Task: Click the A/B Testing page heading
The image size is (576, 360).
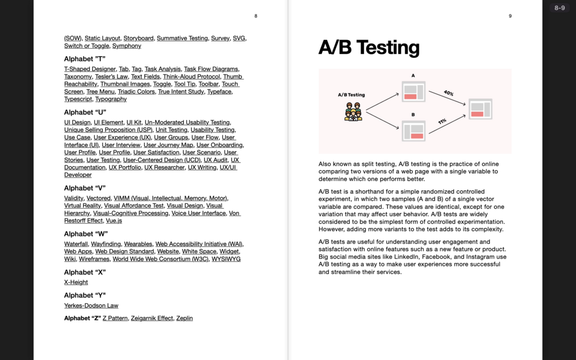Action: (x=369, y=48)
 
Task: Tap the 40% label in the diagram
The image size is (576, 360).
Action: (x=449, y=93)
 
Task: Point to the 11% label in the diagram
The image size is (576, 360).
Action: (x=442, y=122)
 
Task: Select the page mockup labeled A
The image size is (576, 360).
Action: (x=413, y=92)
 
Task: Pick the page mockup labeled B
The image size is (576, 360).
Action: (x=413, y=131)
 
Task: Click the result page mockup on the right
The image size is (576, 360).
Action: (x=480, y=109)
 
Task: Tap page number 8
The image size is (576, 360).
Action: (x=256, y=16)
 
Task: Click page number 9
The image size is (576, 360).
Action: (x=510, y=16)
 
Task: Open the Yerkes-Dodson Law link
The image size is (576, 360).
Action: (x=91, y=306)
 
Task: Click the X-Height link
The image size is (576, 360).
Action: (x=76, y=282)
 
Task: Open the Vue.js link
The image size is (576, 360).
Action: (x=114, y=221)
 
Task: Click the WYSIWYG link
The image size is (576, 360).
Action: (x=226, y=259)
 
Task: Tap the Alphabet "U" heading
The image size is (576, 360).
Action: (x=85, y=112)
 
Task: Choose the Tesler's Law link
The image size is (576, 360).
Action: (x=111, y=77)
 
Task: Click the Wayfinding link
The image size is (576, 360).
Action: (x=106, y=244)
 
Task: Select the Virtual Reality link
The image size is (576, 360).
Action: (x=83, y=206)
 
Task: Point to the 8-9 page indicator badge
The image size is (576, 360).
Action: (x=559, y=8)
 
